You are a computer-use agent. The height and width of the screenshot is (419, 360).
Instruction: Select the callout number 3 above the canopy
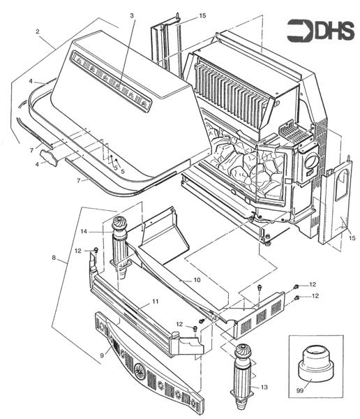click(131, 15)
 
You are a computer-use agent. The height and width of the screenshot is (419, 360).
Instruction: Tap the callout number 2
click(37, 32)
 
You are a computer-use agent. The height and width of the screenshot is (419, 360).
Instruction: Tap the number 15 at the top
click(202, 15)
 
